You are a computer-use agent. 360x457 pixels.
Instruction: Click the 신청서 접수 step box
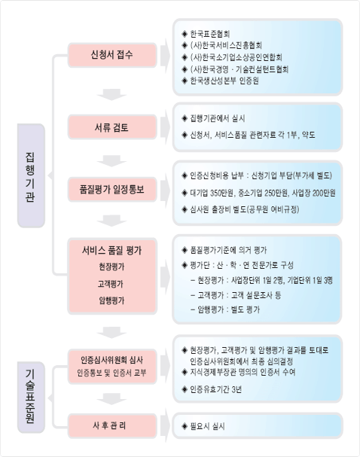[x=112, y=55]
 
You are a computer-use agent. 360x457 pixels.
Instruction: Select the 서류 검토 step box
[x=112, y=127]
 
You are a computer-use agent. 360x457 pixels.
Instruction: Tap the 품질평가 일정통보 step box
[x=112, y=190]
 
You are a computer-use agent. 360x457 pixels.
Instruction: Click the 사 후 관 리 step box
[x=112, y=426]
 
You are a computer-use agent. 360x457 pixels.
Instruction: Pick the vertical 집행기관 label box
[x=31, y=175]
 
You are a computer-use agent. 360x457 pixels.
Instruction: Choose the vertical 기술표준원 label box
[x=31, y=398]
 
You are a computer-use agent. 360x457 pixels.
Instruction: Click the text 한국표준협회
[x=210, y=34]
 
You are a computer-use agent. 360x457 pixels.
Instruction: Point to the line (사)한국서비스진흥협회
[x=226, y=45]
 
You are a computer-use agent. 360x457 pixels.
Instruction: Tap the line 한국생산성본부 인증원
[x=224, y=81]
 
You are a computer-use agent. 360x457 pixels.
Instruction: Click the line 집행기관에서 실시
[x=218, y=118]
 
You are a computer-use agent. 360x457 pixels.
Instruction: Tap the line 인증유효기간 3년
[x=215, y=389]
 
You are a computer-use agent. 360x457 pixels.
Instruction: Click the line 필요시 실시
[x=207, y=426]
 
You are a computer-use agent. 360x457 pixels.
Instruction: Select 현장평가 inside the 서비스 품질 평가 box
[x=111, y=267]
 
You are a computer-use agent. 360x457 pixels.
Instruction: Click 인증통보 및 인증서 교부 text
[x=111, y=373]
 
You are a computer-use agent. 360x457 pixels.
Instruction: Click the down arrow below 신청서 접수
[x=111, y=94]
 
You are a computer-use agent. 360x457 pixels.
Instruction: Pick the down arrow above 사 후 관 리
[x=111, y=399]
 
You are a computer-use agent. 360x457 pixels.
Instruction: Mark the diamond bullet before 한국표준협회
[x=185, y=34]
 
